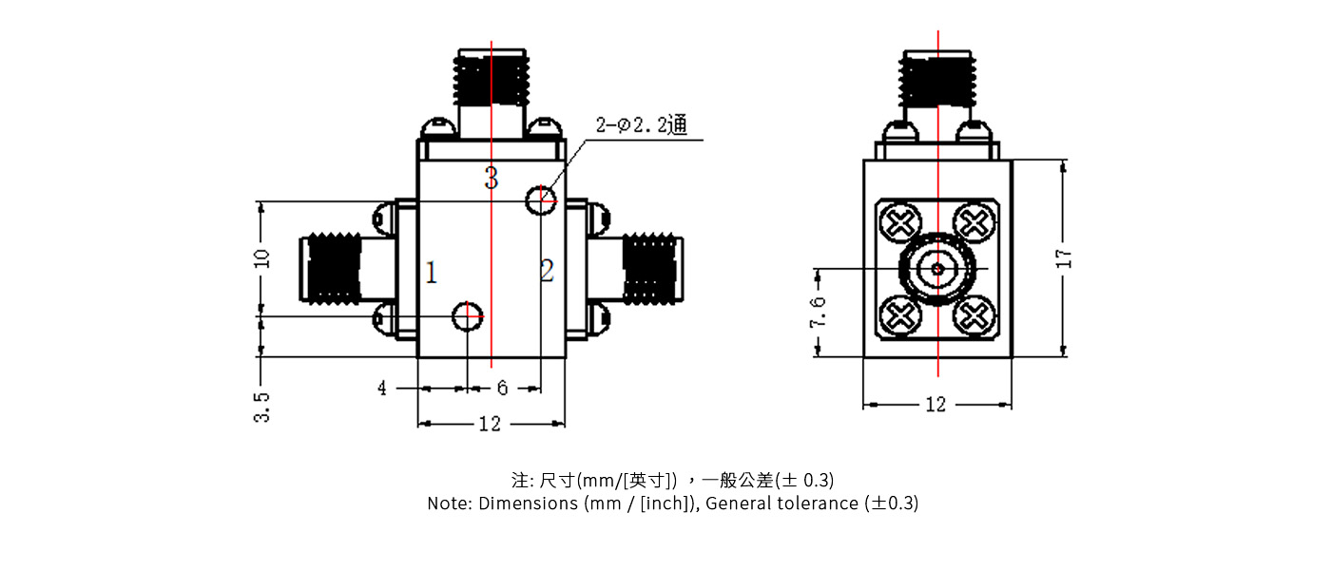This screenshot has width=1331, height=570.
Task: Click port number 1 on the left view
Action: coord(432,275)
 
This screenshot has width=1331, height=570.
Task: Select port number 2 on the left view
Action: coord(547,272)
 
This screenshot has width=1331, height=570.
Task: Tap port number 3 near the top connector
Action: coord(491,178)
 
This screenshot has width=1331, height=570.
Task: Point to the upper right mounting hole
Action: coord(541,198)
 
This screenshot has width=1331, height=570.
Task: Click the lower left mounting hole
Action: coord(467,315)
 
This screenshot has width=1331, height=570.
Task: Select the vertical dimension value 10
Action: coord(262,257)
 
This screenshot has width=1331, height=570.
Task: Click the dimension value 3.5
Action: coord(262,407)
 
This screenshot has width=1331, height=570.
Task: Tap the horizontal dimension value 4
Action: coord(382,389)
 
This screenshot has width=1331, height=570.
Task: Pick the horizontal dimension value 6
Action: coord(502,389)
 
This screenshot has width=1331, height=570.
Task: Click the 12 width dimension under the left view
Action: coord(490,424)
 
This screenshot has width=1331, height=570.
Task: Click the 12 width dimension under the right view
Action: coord(936,405)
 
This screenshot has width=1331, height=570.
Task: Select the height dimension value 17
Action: coord(1064,257)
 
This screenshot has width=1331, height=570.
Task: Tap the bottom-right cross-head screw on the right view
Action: coord(974,314)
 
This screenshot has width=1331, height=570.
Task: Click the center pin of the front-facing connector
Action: coord(938,269)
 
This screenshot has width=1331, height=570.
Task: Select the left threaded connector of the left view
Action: coord(332,270)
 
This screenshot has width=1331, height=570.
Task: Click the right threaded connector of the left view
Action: coord(650,270)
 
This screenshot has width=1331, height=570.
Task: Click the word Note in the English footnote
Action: coord(448,503)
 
